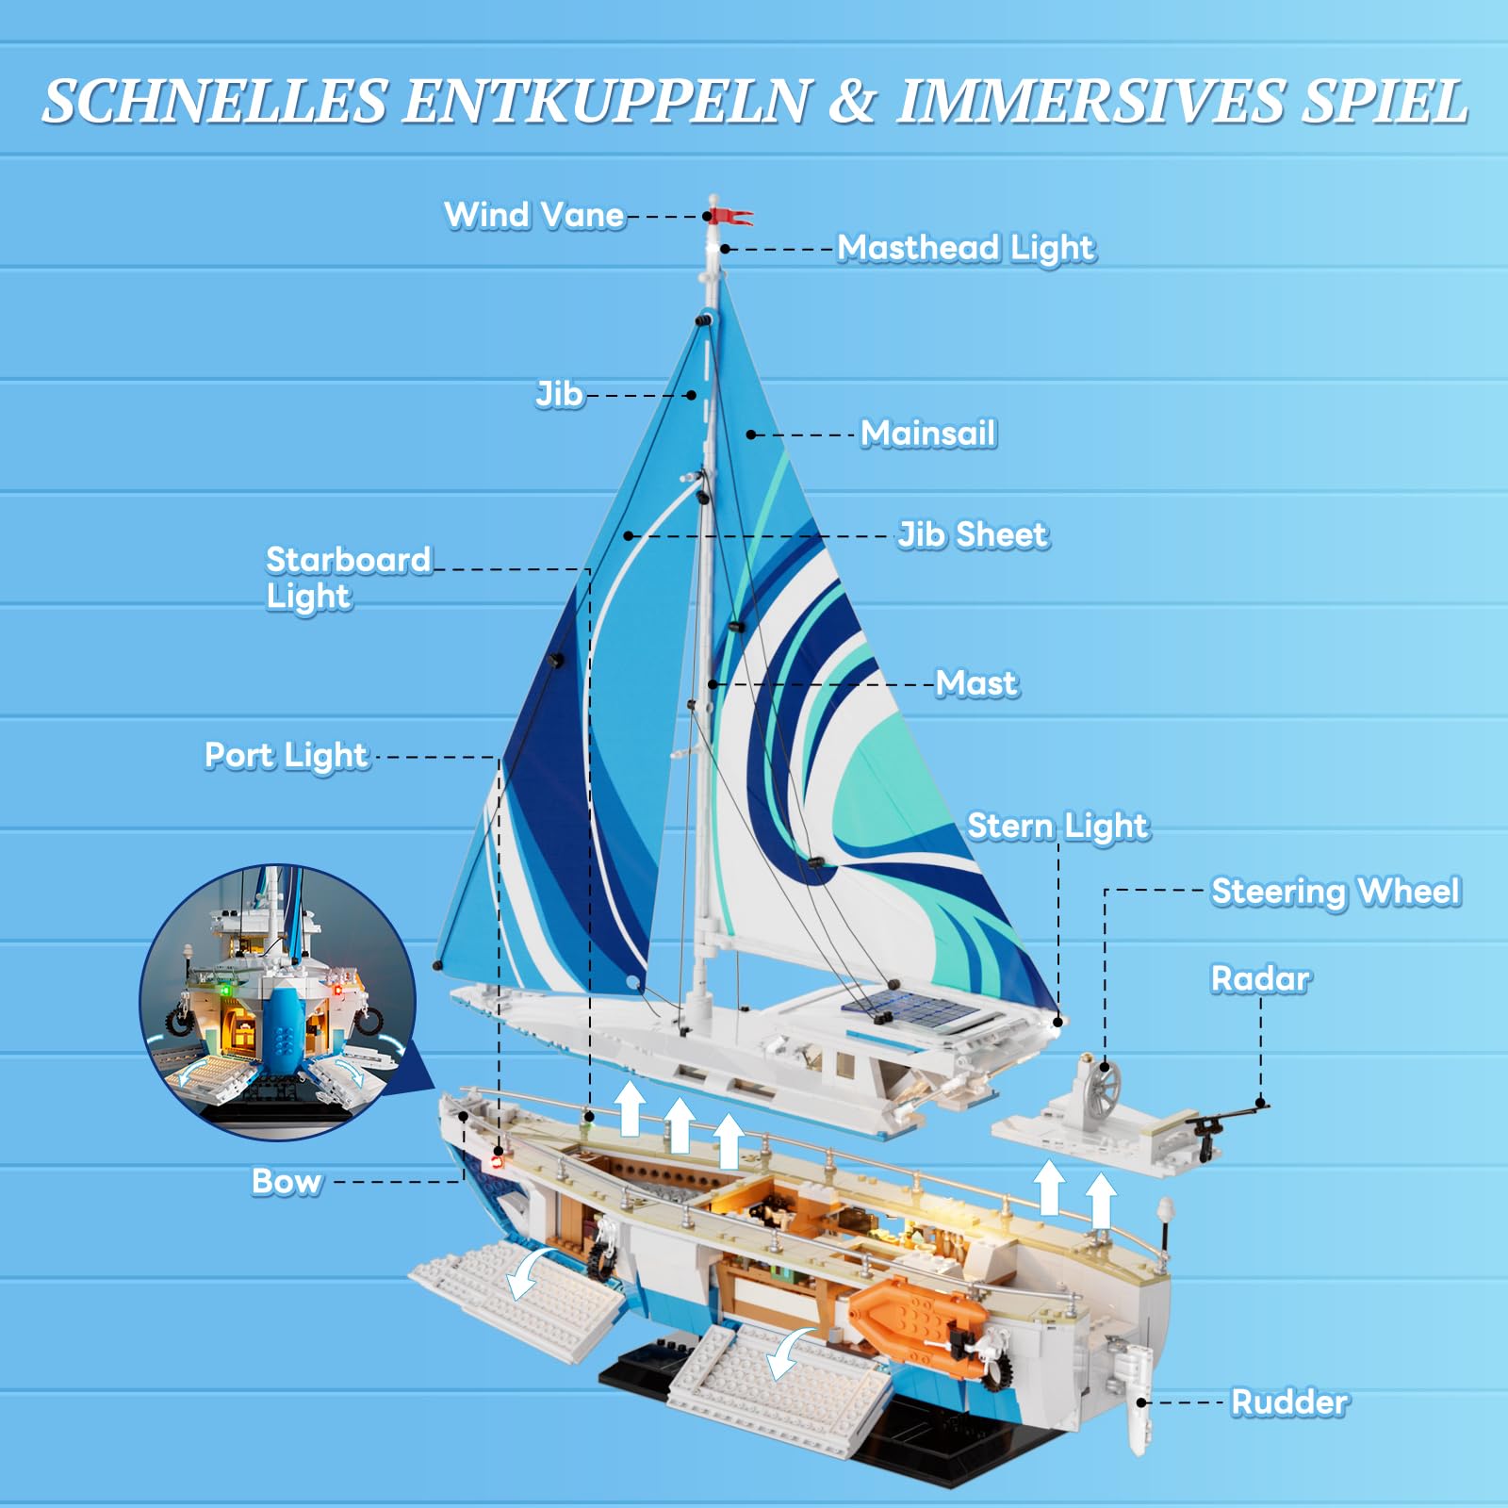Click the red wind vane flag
731,216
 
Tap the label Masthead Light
966,249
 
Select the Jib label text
559,394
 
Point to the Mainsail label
928,434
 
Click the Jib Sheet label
973,535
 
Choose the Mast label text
976,683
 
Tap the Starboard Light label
348,578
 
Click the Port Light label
287,756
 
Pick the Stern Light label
1058,827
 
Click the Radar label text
1260,979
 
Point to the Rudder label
1289,1402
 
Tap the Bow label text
287,1182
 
